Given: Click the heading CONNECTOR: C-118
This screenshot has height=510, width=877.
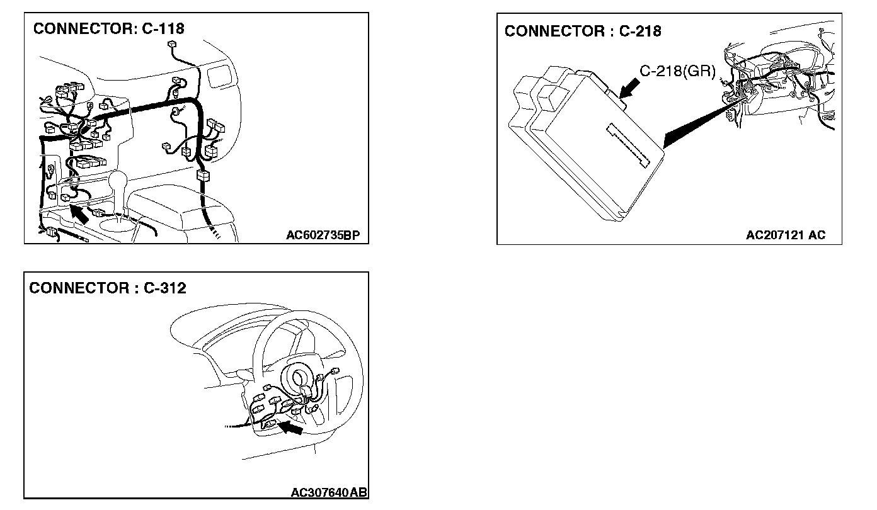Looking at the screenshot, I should click(x=108, y=28).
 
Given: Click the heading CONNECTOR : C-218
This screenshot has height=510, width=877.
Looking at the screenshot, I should click(x=583, y=31).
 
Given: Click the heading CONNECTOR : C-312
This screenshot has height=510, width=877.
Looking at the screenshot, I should click(x=108, y=288).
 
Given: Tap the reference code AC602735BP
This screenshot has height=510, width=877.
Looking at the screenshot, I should click(x=323, y=235).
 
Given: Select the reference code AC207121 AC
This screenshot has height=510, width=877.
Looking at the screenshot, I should click(x=785, y=235).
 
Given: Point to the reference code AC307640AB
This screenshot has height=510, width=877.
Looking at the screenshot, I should click(x=329, y=492).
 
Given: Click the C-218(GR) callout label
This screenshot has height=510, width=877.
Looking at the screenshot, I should click(x=678, y=71).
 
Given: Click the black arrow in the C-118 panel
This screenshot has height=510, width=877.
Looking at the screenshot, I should click(x=78, y=213).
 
